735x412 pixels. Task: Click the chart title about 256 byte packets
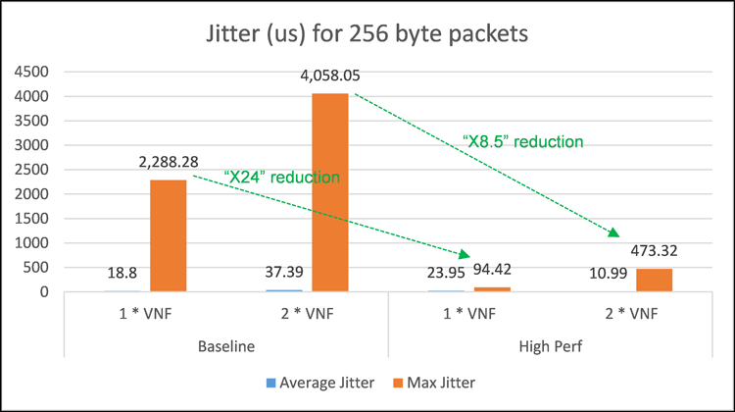(367, 34)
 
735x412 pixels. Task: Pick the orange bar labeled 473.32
(653, 280)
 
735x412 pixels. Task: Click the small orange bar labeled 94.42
(491, 288)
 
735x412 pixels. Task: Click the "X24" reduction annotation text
(281, 178)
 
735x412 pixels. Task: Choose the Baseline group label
(227, 346)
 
